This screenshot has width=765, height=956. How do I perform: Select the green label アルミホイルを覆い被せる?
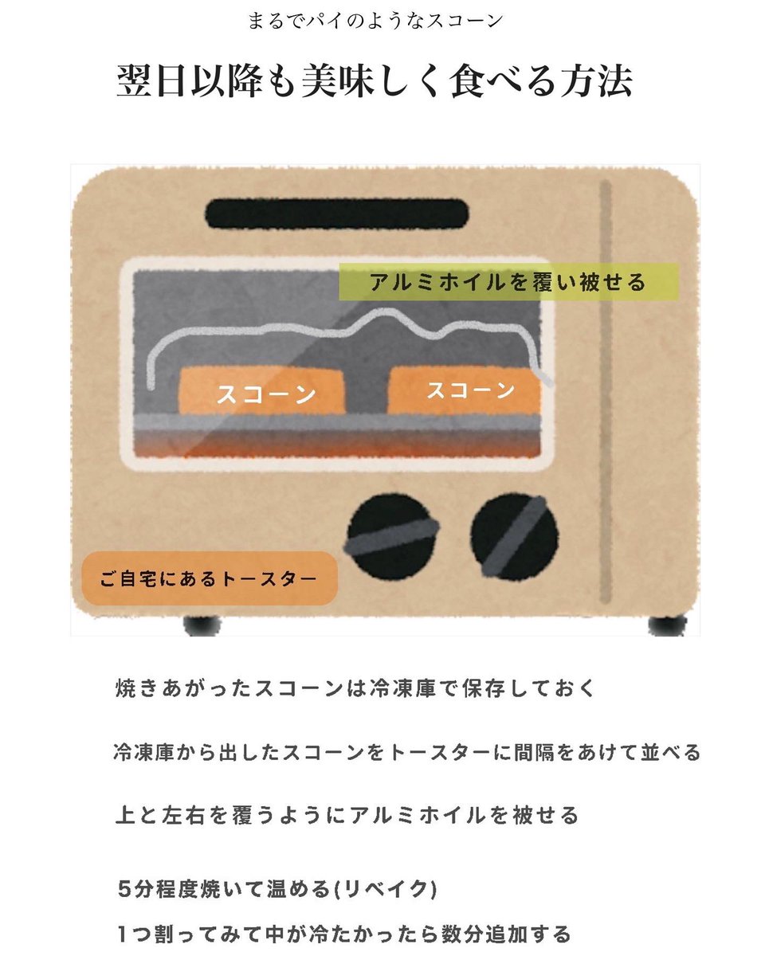coord(508,282)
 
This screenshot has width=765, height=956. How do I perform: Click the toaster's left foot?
coord(202,625)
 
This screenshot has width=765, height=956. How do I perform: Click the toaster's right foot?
coord(666,625)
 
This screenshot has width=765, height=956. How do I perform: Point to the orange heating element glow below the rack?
coord(335,444)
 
